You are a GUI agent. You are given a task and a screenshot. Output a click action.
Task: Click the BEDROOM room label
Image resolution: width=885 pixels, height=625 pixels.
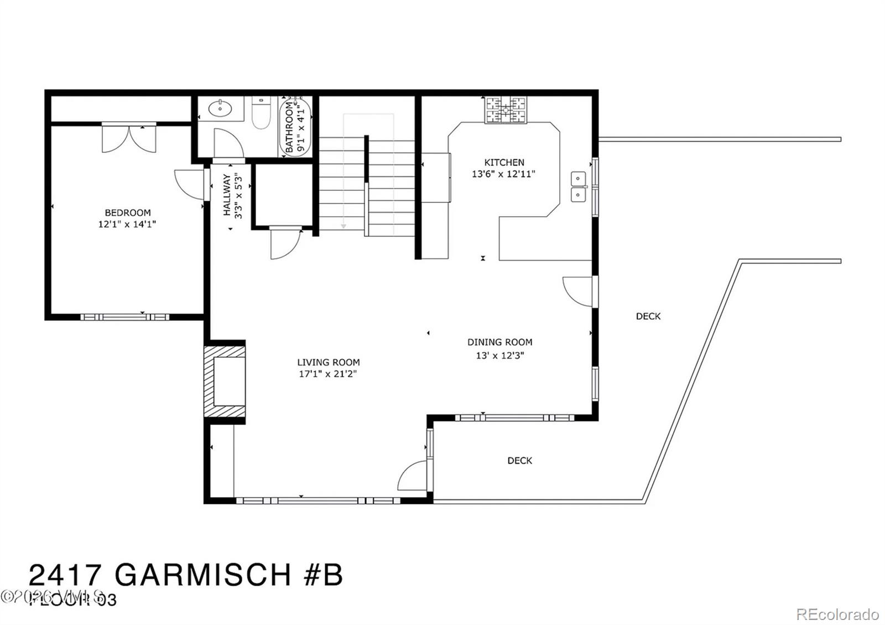128,212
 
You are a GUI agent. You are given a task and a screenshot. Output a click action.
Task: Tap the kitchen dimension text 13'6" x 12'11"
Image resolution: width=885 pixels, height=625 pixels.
503,174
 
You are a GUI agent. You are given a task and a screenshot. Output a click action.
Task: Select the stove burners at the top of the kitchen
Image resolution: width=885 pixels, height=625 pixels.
506,110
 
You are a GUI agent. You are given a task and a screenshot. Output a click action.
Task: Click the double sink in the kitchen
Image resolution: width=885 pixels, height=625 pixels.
579,186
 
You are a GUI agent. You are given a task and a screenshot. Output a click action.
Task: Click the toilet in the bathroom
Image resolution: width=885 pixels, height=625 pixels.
261,114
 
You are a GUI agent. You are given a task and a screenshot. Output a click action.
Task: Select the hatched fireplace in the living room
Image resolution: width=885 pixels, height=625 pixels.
225,382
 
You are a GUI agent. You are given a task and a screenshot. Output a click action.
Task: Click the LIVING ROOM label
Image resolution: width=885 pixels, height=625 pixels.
329,362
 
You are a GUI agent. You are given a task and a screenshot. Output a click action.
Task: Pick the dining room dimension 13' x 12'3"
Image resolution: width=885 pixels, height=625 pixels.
500,355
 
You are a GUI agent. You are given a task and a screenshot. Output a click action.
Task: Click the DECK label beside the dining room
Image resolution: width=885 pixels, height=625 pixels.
648,316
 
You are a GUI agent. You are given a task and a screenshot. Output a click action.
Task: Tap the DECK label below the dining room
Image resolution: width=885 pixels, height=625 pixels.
520,460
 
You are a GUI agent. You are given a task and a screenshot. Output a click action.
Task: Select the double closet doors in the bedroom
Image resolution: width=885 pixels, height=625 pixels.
129,138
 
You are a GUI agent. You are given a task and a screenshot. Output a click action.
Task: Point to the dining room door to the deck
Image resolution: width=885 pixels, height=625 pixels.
577,290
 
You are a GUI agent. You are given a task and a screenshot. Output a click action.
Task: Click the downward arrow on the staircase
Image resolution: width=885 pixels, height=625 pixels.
343,225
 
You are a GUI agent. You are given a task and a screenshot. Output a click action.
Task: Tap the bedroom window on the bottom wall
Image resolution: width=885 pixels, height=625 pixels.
125,317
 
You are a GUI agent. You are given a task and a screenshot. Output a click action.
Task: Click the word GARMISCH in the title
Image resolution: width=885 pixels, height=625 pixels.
203,575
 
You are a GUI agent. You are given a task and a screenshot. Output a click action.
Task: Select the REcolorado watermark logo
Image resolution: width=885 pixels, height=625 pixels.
837,614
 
